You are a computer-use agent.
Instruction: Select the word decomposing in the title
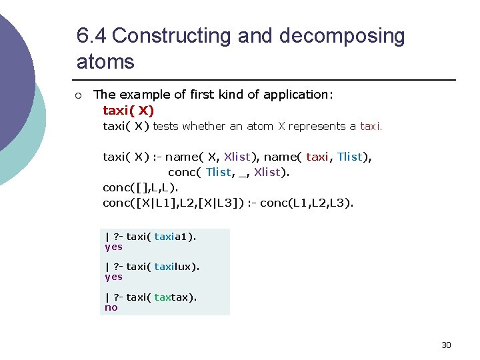tap(342, 35)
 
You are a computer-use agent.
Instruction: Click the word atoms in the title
tap(105, 62)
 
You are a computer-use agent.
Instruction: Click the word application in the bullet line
tap(298, 95)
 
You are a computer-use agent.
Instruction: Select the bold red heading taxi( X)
tap(128, 111)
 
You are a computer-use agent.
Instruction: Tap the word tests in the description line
tap(165, 126)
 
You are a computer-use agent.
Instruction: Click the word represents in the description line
tap(317, 126)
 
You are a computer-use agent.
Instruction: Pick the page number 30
tap(446, 345)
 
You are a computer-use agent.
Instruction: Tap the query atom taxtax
tap(173, 297)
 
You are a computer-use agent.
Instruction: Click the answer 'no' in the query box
tap(111, 307)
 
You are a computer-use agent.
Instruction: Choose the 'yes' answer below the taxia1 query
tap(113, 247)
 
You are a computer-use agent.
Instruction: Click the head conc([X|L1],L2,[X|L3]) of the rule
tap(171, 202)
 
